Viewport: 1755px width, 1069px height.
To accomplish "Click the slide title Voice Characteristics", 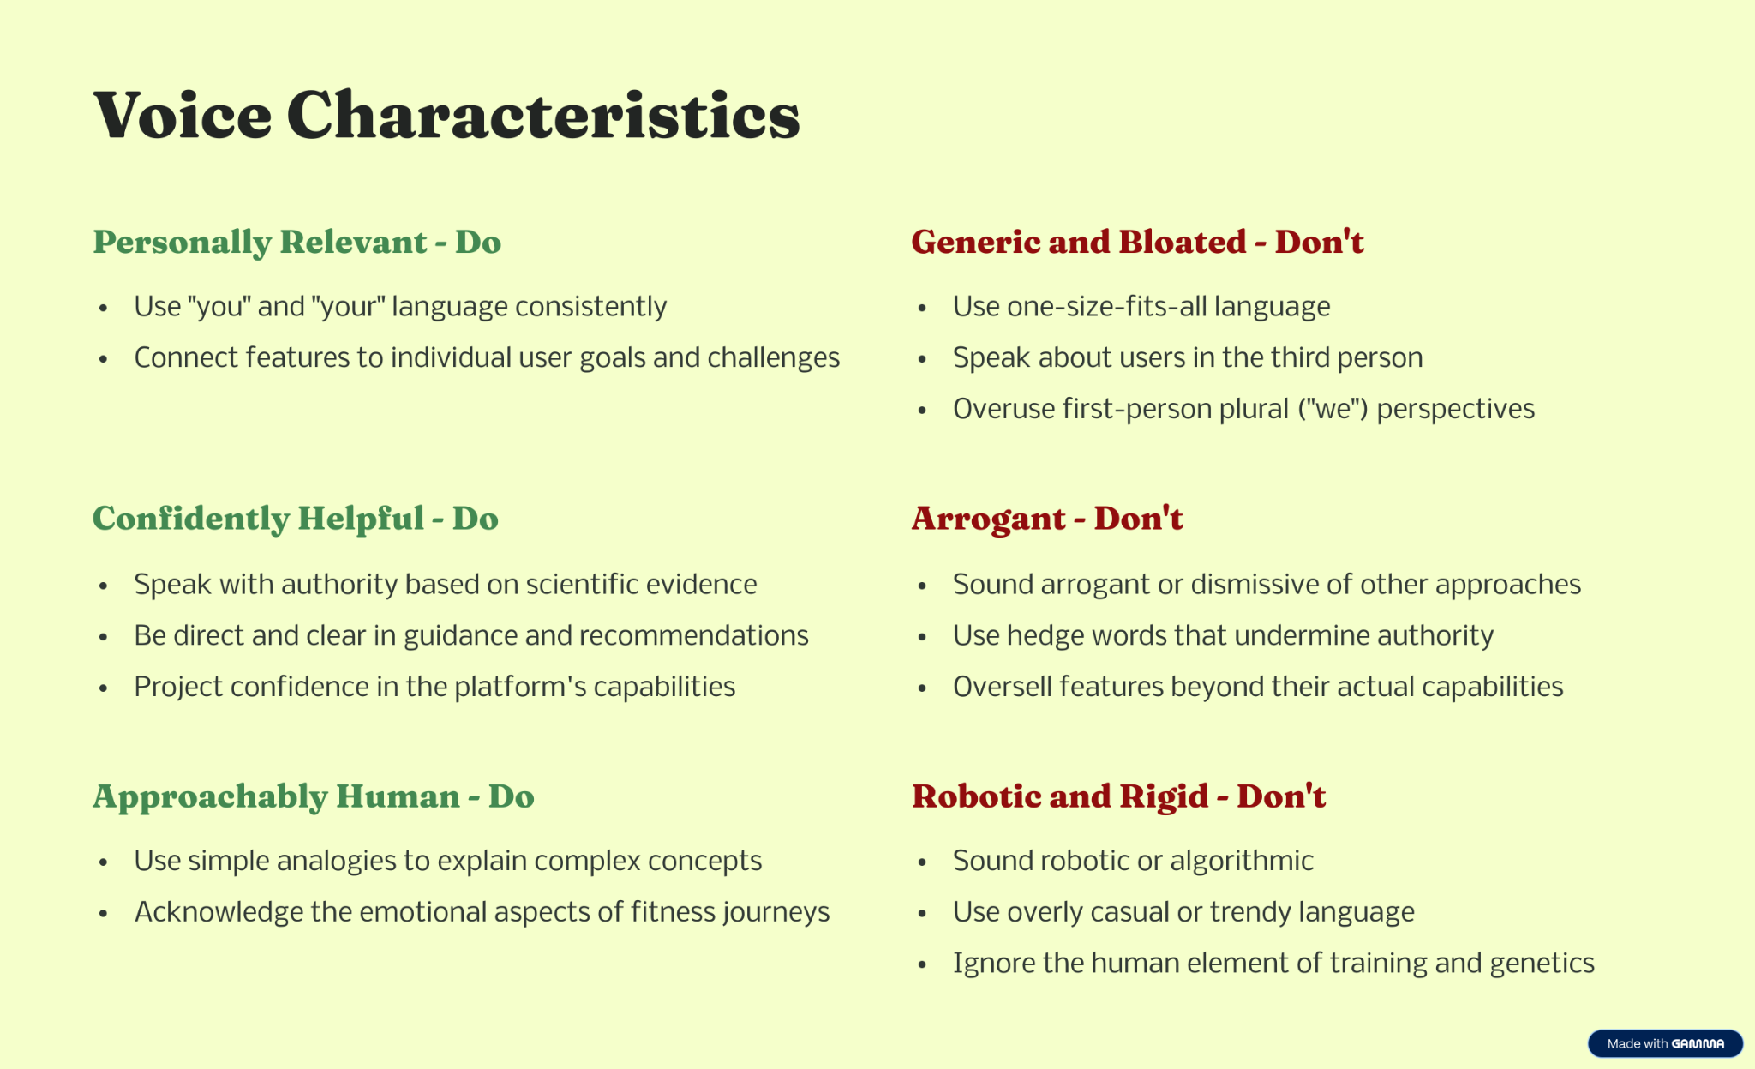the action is [446, 115].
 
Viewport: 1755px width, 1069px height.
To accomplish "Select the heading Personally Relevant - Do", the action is [296, 243].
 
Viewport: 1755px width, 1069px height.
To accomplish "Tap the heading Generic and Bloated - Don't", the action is [1137, 242].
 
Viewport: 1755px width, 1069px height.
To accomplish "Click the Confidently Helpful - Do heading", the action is [296, 519].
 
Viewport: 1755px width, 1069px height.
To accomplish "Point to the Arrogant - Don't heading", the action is [1047, 519].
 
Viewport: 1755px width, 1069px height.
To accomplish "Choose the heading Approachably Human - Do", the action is [314, 797].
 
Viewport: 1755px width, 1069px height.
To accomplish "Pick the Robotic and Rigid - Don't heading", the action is [1118, 797].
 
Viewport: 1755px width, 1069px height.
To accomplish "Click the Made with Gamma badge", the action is [1665, 1043].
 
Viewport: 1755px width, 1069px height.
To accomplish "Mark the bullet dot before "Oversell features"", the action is [922, 688].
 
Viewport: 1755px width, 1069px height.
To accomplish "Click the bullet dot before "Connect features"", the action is [103, 359].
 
